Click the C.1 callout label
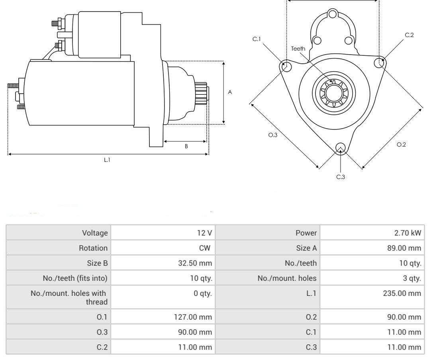(x=257, y=39)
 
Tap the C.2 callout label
(x=409, y=35)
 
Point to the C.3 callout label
(x=341, y=177)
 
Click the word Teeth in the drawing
(x=298, y=49)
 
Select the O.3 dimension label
(x=273, y=135)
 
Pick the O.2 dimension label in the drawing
(x=401, y=145)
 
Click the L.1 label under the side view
(x=107, y=160)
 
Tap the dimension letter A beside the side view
(x=230, y=92)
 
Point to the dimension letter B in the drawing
(x=186, y=146)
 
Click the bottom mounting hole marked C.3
(x=340, y=148)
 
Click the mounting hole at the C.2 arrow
(x=380, y=63)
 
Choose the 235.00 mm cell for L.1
(x=404, y=293)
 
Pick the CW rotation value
(x=205, y=248)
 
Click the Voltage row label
(x=95, y=233)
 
